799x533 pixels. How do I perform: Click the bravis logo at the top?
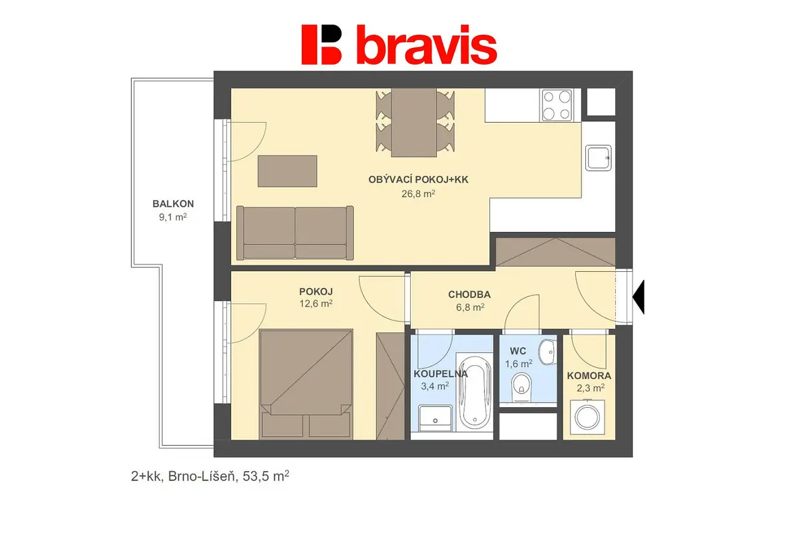tap(399, 45)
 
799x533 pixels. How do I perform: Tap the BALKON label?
tap(173, 204)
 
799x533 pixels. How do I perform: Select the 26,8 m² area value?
tap(418, 193)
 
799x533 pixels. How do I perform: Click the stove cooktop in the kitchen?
tap(557, 105)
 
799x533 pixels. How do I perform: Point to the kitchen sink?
tap(599, 158)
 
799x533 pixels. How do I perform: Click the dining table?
tap(413, 123)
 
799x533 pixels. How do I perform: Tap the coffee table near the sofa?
tap(288, 171)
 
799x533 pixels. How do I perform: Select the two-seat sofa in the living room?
tap(295, 233)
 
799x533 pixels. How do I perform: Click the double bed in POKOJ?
tap(306, 384)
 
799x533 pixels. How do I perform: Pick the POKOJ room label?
tap(316, 292)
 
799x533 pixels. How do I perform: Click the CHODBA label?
tap(469, 294)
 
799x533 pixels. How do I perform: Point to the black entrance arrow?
tap(639, 297)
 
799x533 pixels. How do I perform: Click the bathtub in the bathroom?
tap(474, 392)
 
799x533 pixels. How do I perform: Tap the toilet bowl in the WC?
tap(521, 387)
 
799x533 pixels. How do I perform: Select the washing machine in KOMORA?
tap(587, 417)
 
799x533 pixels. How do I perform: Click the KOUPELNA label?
tap(441, 374)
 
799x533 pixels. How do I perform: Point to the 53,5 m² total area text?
tap(266, 476)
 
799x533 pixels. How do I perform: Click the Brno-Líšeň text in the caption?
tap(202, 476)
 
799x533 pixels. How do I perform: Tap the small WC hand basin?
tap(547, 352)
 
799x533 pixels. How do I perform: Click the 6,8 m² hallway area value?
tap(470, 307)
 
